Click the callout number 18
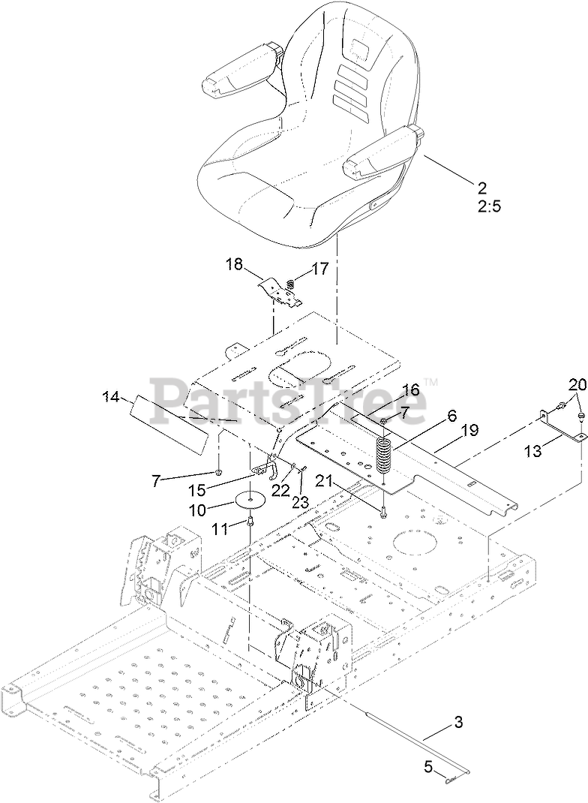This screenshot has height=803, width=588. tap(234, 264)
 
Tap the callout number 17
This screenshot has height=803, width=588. tap(319, 269)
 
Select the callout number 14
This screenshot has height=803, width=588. tap(111, 397)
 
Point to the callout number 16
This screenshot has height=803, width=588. tap(409, 389)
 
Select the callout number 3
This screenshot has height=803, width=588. tap(458, 723)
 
